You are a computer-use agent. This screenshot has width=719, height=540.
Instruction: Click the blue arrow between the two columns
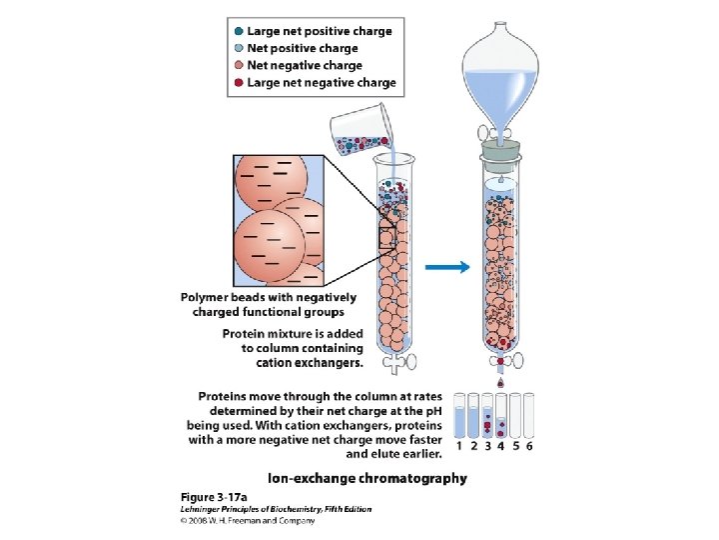pyautogui.click(x=447, y=267)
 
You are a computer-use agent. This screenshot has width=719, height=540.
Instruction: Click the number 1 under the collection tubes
pyautogui.click(x=459, y=446)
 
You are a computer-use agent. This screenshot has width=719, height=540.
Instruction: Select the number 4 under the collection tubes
pyautogui.click(x=501, y=446)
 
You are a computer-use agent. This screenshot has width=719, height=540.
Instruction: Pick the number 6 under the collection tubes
pyautogui.click(x=529, y=446)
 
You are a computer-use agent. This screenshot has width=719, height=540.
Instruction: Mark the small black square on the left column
pyautogui.click(x=388, y=236)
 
